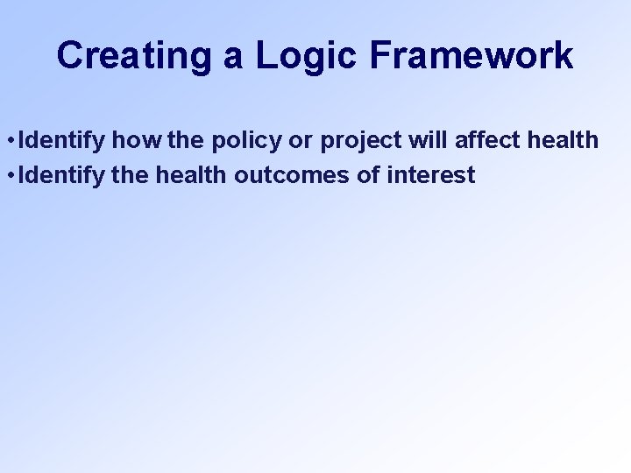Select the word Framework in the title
(471, 56)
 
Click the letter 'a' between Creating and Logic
(232, 58)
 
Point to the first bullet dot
(8, 140)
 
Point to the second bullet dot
(8, 175)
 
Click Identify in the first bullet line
(57, 140)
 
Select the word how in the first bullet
(130, 140)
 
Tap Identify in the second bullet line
(57, 175)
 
